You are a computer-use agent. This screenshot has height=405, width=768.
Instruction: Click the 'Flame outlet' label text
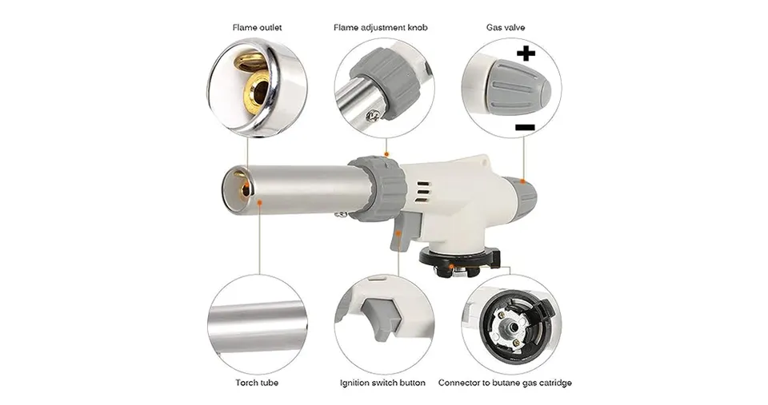[x=257, y=27]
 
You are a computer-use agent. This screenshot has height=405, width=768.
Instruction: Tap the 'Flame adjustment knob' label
[x=381, y=27]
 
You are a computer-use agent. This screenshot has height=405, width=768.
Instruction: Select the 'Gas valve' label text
[x=506, y=27]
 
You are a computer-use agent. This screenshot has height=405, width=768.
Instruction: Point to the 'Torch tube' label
[x=257, y=383]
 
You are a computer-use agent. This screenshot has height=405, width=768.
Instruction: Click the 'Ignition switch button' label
[x=382, y=383]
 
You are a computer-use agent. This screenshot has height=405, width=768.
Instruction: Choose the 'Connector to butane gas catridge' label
[x=505, y=383]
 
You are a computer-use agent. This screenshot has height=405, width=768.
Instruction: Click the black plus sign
[x=526, y=53]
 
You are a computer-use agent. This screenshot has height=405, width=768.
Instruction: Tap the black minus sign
[x=525, y=128]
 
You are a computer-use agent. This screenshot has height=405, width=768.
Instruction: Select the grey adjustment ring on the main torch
[x=379, y=189]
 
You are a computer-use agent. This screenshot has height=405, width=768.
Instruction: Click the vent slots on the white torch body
[x=423, y=192]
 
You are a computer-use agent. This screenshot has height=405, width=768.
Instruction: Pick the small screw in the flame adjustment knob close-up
[x=374, y=115]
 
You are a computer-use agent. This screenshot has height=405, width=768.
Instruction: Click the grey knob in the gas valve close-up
[x=518, y=88]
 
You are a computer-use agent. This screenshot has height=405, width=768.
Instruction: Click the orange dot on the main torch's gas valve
[x=523, y=181]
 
